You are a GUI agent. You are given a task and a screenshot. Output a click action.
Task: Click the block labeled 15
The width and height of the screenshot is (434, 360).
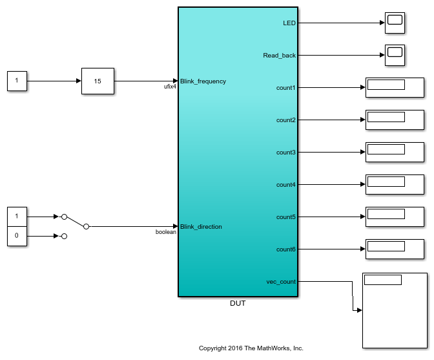(98, 81)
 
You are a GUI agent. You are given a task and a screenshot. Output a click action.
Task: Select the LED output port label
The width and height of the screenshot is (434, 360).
(289, 23)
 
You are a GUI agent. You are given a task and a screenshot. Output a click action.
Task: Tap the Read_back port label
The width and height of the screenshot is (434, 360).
(280, 56)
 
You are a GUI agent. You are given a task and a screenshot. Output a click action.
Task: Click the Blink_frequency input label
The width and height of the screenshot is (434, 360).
(203, 81)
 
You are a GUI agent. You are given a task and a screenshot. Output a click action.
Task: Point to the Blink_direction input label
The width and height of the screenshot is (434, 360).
(201, 227)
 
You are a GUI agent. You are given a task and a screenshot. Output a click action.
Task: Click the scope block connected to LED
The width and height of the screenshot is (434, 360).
(395, 23)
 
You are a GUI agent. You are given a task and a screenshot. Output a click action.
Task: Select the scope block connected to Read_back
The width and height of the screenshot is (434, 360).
(395, 56)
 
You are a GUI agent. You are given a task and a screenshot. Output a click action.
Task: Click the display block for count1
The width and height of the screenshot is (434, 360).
(395, 88)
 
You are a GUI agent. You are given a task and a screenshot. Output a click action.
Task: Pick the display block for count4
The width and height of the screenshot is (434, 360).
(395, 185)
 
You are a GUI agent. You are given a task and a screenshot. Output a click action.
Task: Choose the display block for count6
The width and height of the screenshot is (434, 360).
(395, 249)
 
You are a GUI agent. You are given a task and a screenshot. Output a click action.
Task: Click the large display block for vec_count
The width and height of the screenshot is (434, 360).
(394, 310)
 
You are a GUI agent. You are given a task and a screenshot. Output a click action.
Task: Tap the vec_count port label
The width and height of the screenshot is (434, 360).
(281, 282)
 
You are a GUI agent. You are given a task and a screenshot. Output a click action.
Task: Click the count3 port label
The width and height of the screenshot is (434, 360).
(286, 153)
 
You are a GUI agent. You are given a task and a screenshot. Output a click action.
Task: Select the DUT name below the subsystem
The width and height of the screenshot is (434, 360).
(238, 303)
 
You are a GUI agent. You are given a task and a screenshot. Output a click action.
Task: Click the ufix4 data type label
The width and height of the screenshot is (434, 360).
(170, 87)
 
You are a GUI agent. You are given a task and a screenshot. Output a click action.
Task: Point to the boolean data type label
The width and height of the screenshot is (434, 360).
(166, 232)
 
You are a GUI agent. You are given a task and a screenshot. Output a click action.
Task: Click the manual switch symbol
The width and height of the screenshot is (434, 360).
(74, 223)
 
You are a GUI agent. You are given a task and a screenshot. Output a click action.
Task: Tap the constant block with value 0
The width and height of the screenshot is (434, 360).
(17, 237)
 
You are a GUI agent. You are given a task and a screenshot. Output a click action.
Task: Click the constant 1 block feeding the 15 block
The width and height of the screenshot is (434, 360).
(17, 81)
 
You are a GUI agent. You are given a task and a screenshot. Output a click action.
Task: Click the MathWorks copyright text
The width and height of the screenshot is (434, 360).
(251, 348)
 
